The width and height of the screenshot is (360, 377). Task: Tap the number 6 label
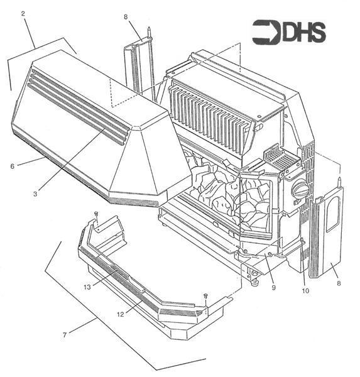12,166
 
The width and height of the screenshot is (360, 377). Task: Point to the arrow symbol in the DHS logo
265,32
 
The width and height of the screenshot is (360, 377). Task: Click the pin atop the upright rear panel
148,30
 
